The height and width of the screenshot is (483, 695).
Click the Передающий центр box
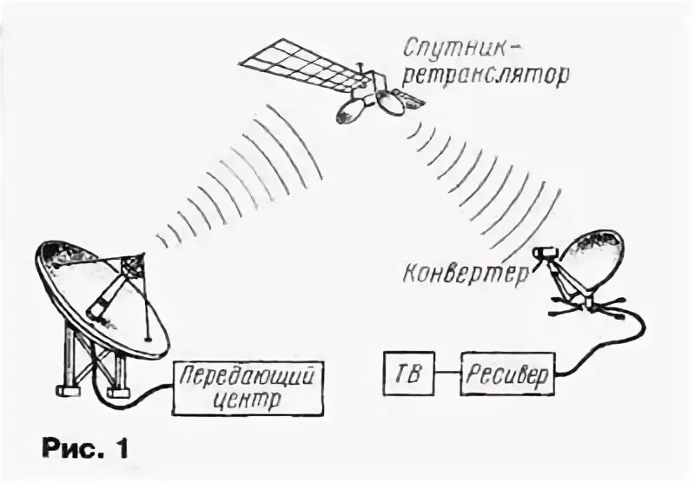click(x=246, y=387)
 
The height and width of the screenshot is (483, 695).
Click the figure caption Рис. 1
click(x=86, y=450)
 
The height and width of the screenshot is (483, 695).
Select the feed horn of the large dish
click(x=133, y=265)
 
